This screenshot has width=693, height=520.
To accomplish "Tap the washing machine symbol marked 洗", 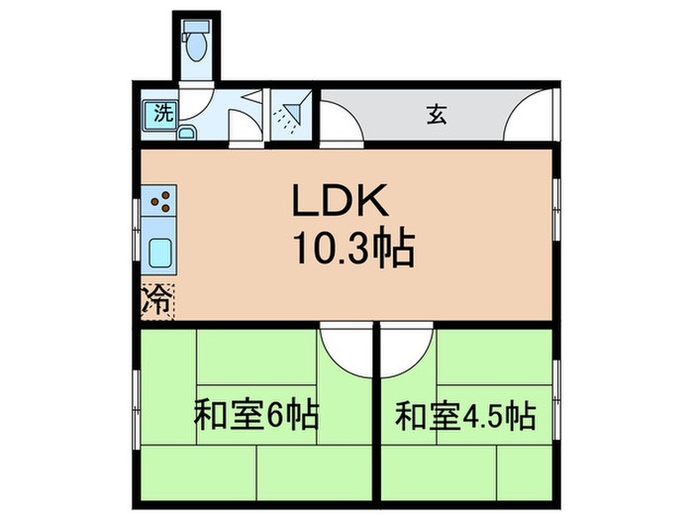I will pyautogui.click(x=160, y=113).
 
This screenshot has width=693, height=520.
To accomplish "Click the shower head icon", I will pyautogui.click(x=289, y=116).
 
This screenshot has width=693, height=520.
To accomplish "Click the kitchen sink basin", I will pyautogui.click(x=160, y=255).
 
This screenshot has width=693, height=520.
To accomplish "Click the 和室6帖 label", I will pyautogui.click(x=255, y=413).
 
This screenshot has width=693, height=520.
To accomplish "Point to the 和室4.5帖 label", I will pyautogui.click(x=464, y=413).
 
